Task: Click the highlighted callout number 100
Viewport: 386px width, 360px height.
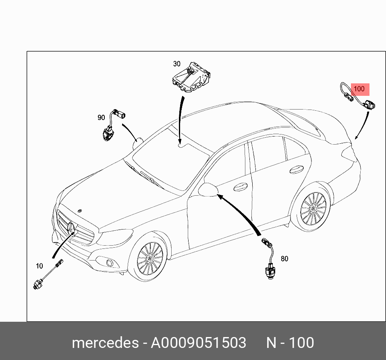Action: point(359,89)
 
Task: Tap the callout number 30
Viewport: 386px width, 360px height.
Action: point(177,64)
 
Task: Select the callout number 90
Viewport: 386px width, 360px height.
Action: point(101,118)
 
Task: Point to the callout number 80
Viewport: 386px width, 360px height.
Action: point(284,259)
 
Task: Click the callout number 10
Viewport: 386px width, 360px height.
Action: point(39,266)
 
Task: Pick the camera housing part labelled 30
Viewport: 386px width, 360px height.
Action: point(191,77)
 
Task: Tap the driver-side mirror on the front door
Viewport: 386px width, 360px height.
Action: point(208,189)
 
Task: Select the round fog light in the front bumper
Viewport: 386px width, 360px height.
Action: point(109,263)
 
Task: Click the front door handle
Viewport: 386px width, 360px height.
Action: point(240,186)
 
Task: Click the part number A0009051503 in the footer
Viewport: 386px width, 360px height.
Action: point(198,343)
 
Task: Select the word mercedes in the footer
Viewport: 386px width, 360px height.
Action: point(104,343)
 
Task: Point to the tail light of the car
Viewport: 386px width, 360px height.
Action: point(349,153)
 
